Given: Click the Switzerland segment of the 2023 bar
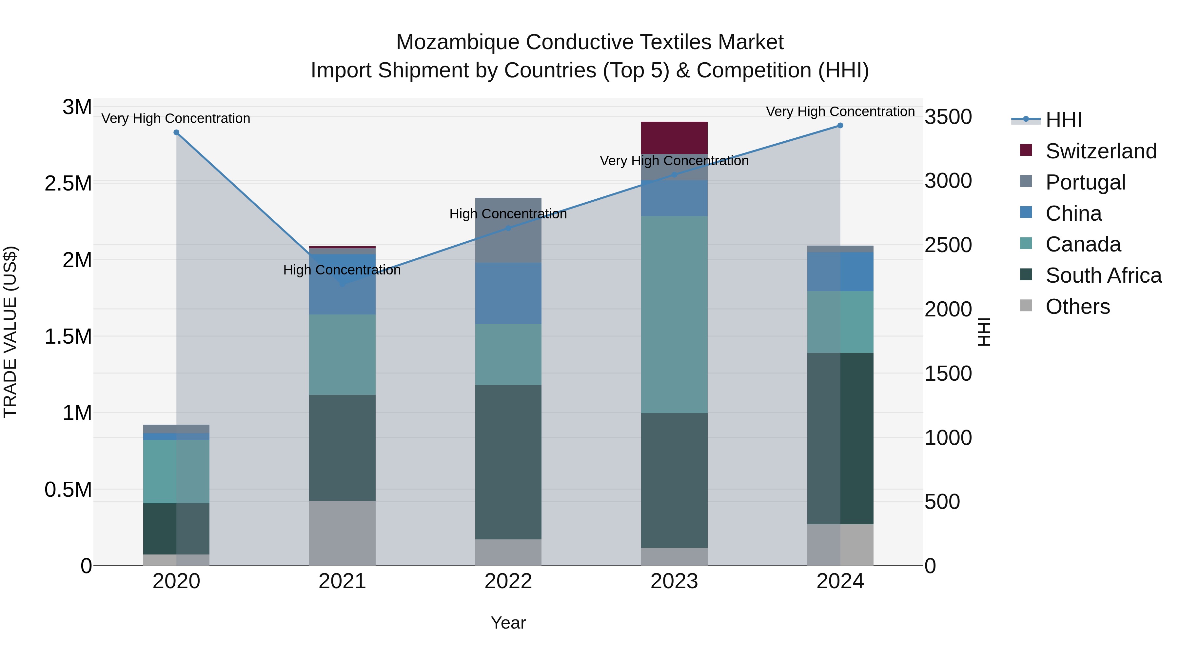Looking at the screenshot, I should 674,137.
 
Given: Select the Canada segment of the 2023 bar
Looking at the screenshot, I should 674,314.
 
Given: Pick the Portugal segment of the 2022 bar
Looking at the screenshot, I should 508,230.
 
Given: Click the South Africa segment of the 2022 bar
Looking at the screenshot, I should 508,462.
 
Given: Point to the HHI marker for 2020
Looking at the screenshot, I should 176,132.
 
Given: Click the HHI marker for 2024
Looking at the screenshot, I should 840,126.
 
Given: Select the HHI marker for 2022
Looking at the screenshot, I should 508,228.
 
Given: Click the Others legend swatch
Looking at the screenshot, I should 1026,306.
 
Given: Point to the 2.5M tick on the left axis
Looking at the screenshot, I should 68,184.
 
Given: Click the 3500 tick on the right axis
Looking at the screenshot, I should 948,117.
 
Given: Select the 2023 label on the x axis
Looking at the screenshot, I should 674,581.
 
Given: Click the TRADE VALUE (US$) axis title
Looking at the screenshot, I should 10,332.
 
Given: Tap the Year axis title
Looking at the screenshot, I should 508,623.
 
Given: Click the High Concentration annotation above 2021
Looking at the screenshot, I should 342,270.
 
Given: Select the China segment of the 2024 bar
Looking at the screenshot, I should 840,272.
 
